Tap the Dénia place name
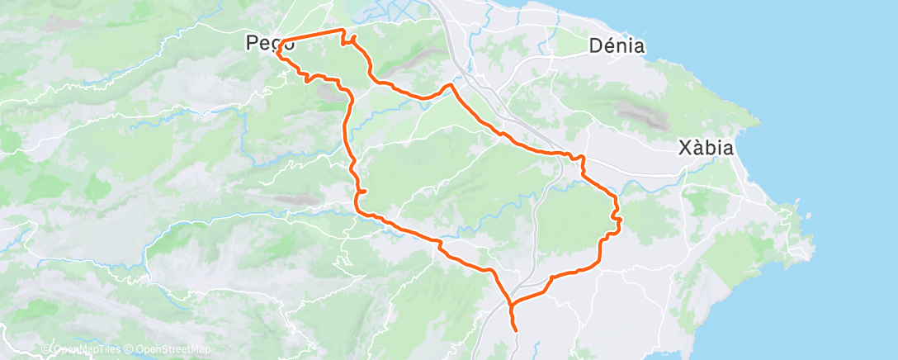(617, 45)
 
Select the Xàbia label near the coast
(706, 149)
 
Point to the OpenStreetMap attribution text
(171, 350)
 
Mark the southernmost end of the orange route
(517, 330)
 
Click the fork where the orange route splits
(512, 306)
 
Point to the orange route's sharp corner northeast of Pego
(343, 30)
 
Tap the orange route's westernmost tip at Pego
(277, 54)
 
